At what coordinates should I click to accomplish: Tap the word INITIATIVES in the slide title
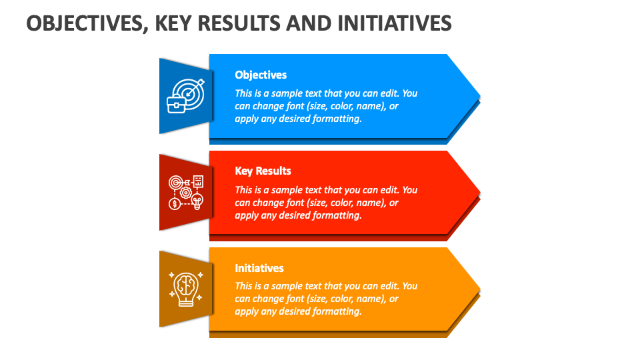coord(395,24)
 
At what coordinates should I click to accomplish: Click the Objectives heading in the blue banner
coord(261,75)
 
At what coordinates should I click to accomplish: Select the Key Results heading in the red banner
coord(263,171)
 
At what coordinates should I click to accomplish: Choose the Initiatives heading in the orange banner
coord(259,268)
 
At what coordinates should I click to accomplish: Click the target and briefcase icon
coord(186,96)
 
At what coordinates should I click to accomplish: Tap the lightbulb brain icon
coord(186,288)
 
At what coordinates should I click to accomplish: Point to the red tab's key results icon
coord(186,193)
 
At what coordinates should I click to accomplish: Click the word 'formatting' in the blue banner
coord(337,119)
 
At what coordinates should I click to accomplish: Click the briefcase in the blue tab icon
coord(177,105)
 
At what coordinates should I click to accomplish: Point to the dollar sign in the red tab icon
coord(175,203)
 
